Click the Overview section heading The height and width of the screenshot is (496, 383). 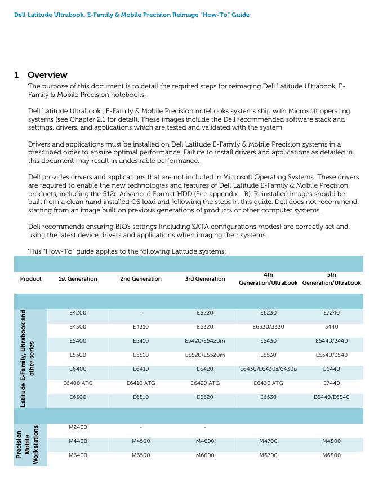coord(47,75)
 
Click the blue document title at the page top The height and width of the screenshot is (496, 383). coord(131,15)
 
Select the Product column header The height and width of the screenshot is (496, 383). coord(31,279)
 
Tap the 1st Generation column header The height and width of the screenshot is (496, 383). coord(78,279)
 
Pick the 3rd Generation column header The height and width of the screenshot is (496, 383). coord(205,279)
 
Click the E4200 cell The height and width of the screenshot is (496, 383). coord(78,312)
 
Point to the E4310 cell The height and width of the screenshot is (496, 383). coord(141,326)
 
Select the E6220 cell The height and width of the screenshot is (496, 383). coord(205,312)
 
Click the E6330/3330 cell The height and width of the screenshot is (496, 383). coord(268,326)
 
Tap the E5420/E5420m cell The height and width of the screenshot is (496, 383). coord(205,341)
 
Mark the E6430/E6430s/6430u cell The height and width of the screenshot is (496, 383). coord(268,369)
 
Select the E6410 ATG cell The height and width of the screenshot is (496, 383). coord(141,383)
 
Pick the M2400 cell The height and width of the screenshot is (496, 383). coord(78,427)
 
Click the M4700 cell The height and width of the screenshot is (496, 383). coord(268,441)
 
